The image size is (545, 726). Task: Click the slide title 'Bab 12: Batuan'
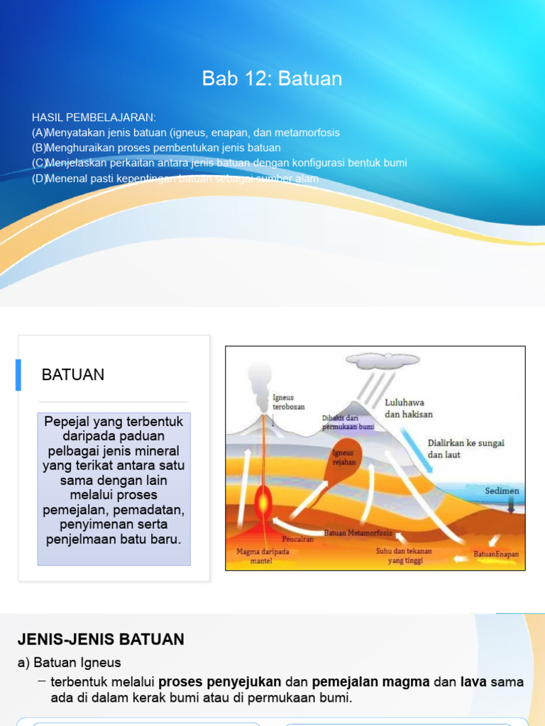click(272, 79)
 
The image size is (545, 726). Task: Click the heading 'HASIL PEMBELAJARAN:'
click(94, 117)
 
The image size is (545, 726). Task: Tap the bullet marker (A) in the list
click(39, 133)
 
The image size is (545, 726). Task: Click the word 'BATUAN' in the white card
click(73, 375)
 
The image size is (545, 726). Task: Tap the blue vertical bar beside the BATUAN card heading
click(18, 375)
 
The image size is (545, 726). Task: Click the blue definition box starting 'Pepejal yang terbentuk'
click(114, 489)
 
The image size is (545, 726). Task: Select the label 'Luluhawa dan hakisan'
click(409, 408)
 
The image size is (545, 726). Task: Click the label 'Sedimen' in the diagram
click(502, 491)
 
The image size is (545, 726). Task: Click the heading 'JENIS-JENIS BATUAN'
click(101, 640)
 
